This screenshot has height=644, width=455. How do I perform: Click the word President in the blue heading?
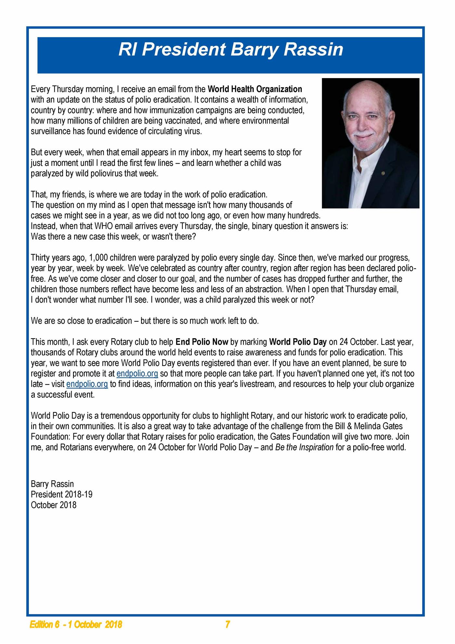point(184,50)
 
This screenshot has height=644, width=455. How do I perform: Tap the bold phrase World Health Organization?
point(255,89)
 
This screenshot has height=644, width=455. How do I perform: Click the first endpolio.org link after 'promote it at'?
point(137,373)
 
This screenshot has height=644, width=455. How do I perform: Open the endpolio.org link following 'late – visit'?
point(87,384)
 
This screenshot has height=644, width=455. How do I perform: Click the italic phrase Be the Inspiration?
point(304,447)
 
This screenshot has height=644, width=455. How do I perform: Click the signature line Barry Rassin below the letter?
point(52,484)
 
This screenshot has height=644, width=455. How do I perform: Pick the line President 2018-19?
point(62,494)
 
